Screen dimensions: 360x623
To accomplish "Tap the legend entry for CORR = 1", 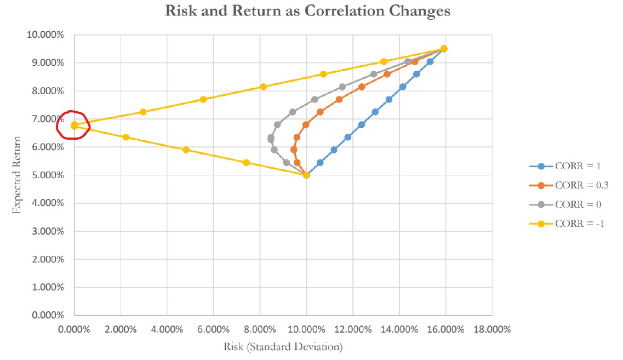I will pyautogui.click(x=575, y=166).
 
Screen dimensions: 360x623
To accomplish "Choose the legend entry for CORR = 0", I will pyautogui.click(x=575, y=204).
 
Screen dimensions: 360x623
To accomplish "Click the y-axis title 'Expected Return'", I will pyautogui.click(x=17, y=175).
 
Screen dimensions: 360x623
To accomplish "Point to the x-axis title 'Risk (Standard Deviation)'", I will pyautogui.click(x=283, y=347).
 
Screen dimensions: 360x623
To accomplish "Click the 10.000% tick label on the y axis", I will pyautogui.click(x=45, y=35).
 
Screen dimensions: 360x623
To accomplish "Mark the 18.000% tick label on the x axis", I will pyautogui.click(x=491, y=330).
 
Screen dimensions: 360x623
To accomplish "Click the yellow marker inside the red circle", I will pyautogui.click(x=74, y=125).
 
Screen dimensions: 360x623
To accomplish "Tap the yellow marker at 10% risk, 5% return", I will pyautogui.click(x=306, y=175).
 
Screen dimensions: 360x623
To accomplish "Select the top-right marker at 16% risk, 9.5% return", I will pyautogui.click(x=444, y=49).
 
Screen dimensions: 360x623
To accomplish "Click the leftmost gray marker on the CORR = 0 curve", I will pyautogui.click(x=271, y=138).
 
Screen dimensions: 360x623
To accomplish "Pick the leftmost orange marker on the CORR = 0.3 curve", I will pyautogui.click(x=294, y=150).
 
